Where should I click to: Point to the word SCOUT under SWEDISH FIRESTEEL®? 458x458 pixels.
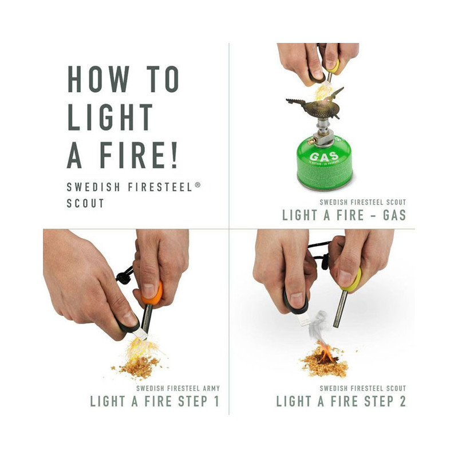click(x=86, y=203)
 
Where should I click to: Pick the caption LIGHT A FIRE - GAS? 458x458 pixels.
click(x=343, y=215)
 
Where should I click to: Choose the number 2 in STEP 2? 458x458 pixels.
click(x=401, y=401)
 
